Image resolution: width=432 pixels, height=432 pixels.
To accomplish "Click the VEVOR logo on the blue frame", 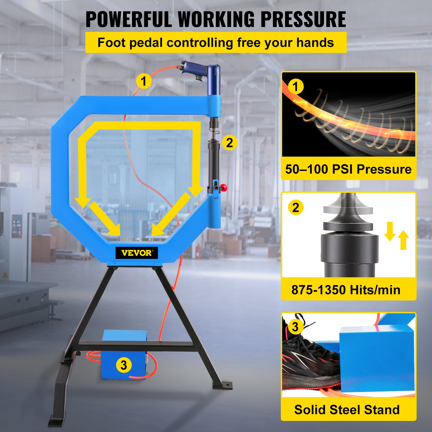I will point(137,253).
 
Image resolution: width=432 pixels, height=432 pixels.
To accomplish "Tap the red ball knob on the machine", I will point(224,188).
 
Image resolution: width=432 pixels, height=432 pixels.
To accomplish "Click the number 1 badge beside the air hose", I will point(144,81).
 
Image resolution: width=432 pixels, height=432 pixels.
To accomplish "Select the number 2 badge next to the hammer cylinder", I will point(230,143).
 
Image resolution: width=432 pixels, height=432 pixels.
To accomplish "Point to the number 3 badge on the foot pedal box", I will point(124,365).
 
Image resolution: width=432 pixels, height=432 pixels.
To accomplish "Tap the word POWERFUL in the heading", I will point(129,19).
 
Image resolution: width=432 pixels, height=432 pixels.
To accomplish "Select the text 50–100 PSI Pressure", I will point(348,169).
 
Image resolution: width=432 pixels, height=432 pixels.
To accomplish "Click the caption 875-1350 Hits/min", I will point(346,290).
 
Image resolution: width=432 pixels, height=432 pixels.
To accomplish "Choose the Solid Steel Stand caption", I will point(347,410).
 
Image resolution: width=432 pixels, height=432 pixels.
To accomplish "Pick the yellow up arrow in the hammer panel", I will point(403,240).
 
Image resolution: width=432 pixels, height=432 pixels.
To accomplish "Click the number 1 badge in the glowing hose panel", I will point(296,87).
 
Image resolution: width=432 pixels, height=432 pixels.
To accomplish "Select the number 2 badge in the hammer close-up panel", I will point(296,208).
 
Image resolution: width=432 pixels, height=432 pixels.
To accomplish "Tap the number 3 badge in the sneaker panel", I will point(295,327).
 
